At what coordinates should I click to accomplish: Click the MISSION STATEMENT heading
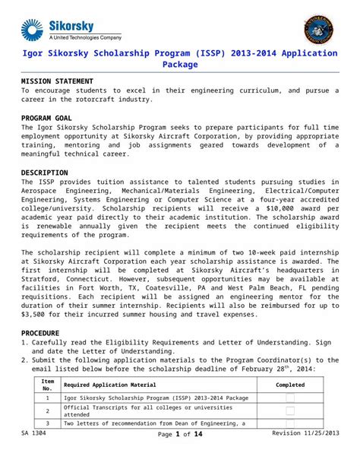pos(57,81)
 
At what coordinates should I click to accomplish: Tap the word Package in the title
pos(180,65)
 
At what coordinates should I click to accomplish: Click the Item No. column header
pos(47,385)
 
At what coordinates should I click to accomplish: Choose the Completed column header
pos(290,385)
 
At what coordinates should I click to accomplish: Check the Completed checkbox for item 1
pos(290,398)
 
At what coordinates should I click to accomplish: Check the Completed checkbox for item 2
pos(290,411)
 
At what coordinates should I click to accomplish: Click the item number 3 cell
pos(47,423)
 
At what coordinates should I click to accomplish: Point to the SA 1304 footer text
pos(33,433)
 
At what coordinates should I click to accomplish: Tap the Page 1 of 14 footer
pos(180,434)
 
